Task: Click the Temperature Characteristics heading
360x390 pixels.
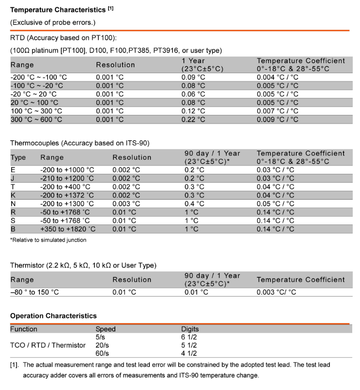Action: click(58, 9)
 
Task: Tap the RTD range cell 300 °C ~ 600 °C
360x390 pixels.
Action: click(36, 119)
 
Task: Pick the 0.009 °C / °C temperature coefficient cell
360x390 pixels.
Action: click(277, 119)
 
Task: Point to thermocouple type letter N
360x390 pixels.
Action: click(13, 204)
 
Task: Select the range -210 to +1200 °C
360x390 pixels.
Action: click(67, 178)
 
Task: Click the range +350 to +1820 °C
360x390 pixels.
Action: click(68, 229)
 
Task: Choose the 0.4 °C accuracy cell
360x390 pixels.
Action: click(195, 204)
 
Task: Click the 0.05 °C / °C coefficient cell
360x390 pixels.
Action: click(275, 204)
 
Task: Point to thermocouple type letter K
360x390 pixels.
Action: click(13, 195)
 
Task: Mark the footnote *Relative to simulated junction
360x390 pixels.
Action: click(48, 240)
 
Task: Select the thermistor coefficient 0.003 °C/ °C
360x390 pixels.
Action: click(276, 292)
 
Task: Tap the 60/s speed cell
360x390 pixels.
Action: click(102, 353)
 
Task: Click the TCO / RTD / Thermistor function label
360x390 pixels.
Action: click(48, 345)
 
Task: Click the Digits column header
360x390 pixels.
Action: click(190, 329)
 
